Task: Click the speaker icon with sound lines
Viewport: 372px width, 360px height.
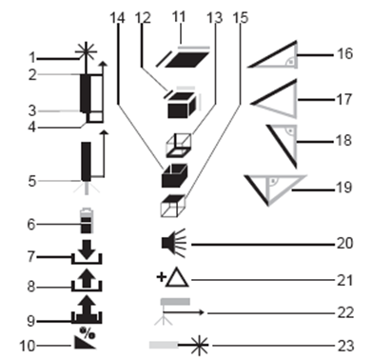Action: pyautogui.click(x=173, y=243)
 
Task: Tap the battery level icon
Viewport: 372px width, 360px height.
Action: pyautogui.click(x=87, y=221)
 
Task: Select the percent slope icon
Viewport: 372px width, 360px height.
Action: pyautogui.click(x=86, y=338)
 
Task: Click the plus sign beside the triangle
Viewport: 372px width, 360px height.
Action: pyautogui.click(x=161, y=277)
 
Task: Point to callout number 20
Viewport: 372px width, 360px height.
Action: pyautogui.click(x=344, y=244)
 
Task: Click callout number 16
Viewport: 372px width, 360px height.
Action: pyautogui.click(x=344, y=53)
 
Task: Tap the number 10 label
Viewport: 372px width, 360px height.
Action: pyautogui.click(x=27, y=346)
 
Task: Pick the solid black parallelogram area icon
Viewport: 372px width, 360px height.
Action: pyautogui.click(x=187, y=60)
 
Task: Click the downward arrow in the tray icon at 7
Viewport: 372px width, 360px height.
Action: pyautogui.click(x=87, y=249)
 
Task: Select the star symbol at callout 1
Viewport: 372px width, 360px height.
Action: pyautogui.click(x=86, y=51)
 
